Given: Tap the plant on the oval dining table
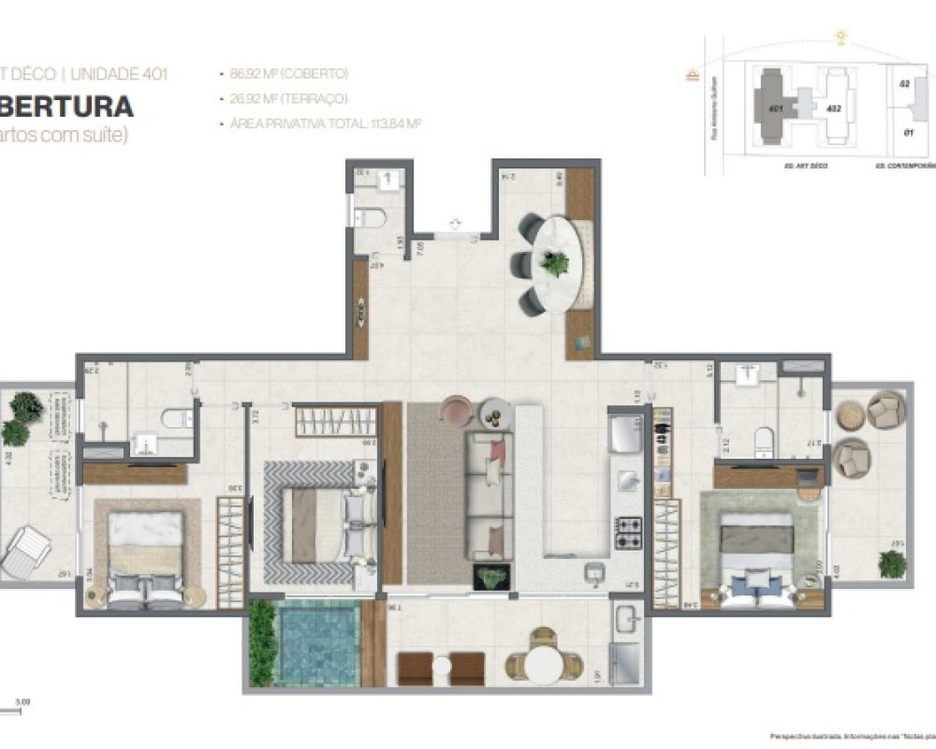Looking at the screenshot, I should pos(556,264).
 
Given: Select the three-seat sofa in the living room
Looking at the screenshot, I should pos(488,496).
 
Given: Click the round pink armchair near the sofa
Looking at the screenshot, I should pos(456,409).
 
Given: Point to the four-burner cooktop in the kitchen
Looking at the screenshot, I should pos(625,534).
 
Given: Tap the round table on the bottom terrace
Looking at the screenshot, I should pos(541,666).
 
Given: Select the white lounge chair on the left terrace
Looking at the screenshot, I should pos(25,551).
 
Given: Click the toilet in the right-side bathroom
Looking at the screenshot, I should pos(763,440).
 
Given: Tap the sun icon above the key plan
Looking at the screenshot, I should pos(841,37).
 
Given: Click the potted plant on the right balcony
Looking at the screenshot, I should pos(892,564).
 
